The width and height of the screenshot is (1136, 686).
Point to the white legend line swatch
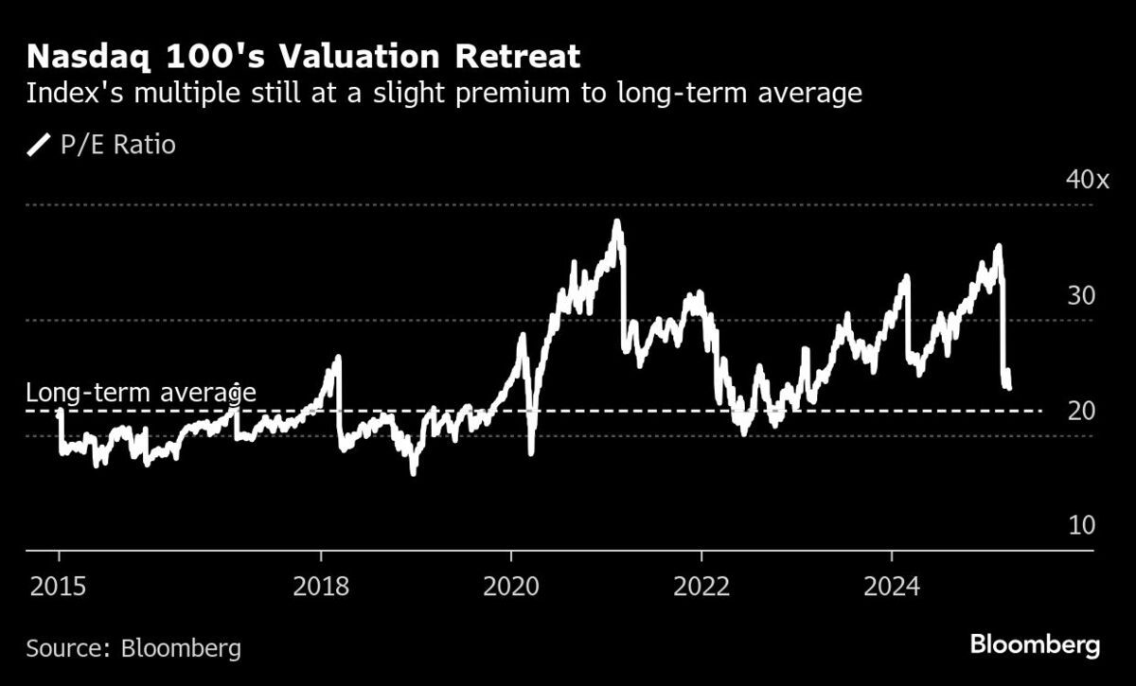(x=39, y=145)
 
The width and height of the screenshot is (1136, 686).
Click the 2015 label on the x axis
(x=59, y=587)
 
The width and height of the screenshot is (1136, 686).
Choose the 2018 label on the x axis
(x=321, y=587)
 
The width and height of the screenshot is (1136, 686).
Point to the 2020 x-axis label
(x=511, y=587)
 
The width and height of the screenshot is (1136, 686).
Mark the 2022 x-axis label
(x=701, y=587)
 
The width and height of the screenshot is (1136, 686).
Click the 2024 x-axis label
(x=893, y=587)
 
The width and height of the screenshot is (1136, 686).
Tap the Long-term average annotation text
(x=140, y=393)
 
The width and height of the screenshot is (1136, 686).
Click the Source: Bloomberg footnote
(x=133, y=649)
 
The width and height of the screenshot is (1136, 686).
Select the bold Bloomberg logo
(x=1035, y=646)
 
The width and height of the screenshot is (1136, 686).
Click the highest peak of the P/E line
(x=617, y=223)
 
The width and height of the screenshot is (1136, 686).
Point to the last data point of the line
(x=1009, y=386)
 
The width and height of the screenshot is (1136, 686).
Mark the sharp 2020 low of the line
(x=530, y=452)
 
